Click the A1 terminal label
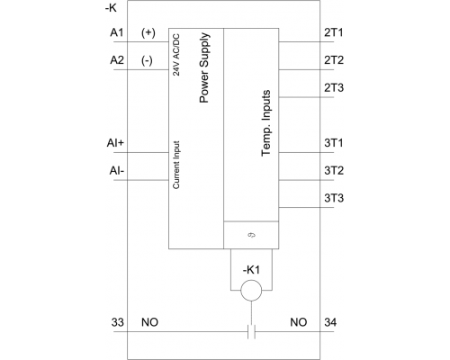tap(117, 32)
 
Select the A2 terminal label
tap(117, 60)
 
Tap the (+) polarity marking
tap(148, 32)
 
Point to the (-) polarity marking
tap(147, 60)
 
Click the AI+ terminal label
tap(115, 143)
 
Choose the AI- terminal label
tap(117, 171)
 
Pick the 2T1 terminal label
tap(334, 32)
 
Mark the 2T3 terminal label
tap(334, 88)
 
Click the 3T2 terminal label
tap(334, 170)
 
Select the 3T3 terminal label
tap(334, 198)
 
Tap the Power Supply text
tap(204, 67)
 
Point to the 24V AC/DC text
tap(176, 55)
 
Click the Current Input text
tap(176, 165)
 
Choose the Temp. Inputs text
tap(265, 123)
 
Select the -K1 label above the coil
tap(251, 270)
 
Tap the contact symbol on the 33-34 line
tap(251, 331)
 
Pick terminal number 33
tap(118, 322)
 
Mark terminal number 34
tap(330, 322)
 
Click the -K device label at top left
tap(111, 8)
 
